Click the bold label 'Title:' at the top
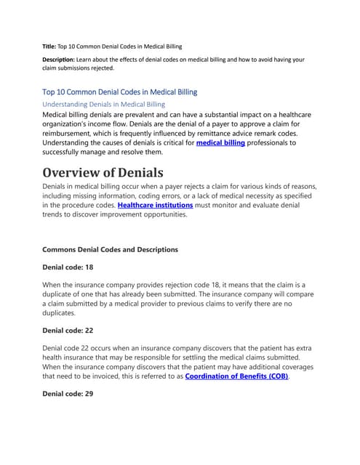tap(49, 45)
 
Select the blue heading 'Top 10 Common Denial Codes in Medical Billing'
tap(120, 92)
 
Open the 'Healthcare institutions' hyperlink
tap(155, 206)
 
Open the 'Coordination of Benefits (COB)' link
tap(236, 376)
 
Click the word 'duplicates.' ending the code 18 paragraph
tap(60, 313)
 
